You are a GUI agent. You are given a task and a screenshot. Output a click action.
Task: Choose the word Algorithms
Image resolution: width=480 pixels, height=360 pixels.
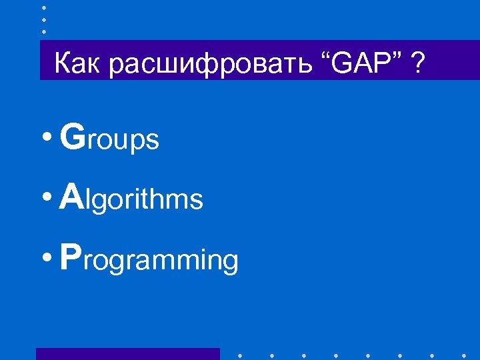pos(131,198)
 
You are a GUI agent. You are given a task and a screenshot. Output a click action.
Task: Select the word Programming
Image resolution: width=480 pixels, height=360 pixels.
pos(148,259)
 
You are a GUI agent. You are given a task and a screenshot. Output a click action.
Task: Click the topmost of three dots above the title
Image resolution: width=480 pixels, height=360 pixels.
pos(43,7)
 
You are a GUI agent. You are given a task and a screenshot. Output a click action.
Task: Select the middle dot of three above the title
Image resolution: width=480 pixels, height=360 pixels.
pos(43,19)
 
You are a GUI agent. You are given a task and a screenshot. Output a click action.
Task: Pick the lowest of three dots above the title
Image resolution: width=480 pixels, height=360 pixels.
pos(43,31)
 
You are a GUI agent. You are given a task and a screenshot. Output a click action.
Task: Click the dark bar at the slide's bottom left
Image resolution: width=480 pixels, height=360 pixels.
pos(127,354)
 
